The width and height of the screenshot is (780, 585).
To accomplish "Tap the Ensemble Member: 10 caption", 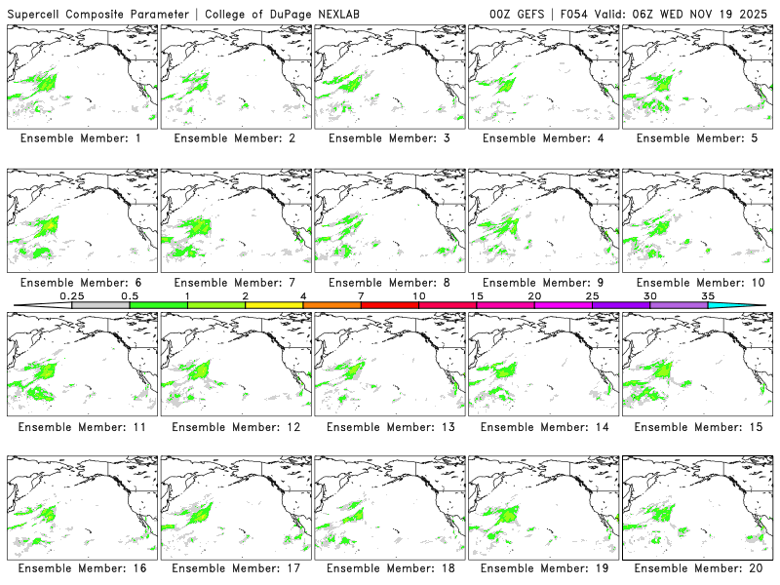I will [698, 282].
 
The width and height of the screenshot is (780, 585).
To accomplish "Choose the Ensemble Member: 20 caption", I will [698, 569].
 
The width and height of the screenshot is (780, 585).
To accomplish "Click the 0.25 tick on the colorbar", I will [72, 295].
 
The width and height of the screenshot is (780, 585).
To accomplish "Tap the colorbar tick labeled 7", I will [361, 295].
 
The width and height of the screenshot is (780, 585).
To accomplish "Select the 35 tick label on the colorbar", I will [708, 295].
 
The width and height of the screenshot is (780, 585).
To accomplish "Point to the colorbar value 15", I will [477, 295].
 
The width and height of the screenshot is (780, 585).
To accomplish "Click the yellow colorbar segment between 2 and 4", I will [274, 305].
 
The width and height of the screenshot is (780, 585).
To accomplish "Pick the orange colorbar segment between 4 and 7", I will [331, 305].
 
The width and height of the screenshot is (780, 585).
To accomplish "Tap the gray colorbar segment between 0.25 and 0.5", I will [100, 305].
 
